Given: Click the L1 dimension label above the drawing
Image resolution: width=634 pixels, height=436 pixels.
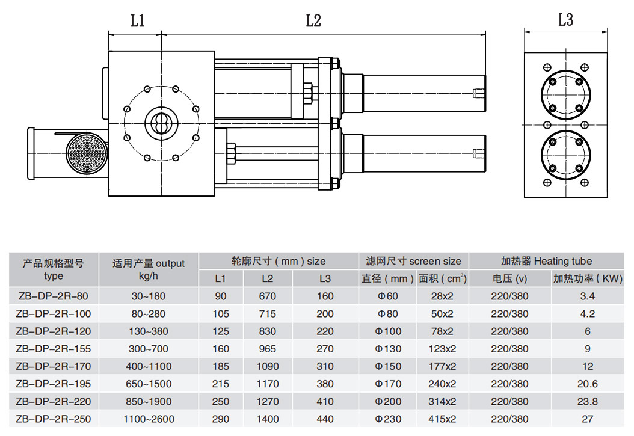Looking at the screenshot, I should [138, 21].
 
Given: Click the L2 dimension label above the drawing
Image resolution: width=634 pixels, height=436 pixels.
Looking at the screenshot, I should [313, 21].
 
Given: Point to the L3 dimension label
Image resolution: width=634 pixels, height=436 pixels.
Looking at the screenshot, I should [565, 20].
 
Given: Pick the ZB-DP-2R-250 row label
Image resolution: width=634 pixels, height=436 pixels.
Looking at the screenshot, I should [54, 419].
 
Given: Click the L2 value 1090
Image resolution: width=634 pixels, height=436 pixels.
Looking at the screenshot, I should [268, 366].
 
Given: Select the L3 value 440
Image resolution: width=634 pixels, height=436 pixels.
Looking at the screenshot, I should [325, 419].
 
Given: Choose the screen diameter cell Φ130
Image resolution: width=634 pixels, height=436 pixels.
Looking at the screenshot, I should [387, 348].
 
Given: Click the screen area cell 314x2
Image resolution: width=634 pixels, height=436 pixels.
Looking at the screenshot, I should [442, 401].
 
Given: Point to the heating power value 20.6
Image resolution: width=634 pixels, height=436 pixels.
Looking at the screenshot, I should [588, 384].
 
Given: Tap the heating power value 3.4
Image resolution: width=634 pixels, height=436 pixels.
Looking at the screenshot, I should [588, 296].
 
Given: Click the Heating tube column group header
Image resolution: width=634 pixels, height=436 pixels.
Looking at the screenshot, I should [546, 261].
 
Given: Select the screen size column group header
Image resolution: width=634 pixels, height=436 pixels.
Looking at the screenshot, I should [414, 261].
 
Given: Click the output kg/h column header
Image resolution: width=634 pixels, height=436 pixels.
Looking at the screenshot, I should [149, 269].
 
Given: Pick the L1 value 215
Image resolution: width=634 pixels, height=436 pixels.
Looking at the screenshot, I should [221, 384].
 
